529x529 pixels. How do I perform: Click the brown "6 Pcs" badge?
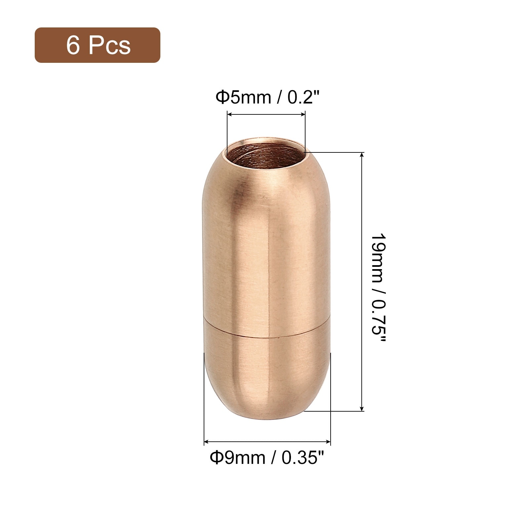pyautogui.click(x=98, y=45)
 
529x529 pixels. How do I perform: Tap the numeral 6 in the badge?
pyautogui.click(x=73, y=45)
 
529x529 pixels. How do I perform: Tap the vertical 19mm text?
pyautogui.click(x=377, y=258)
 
